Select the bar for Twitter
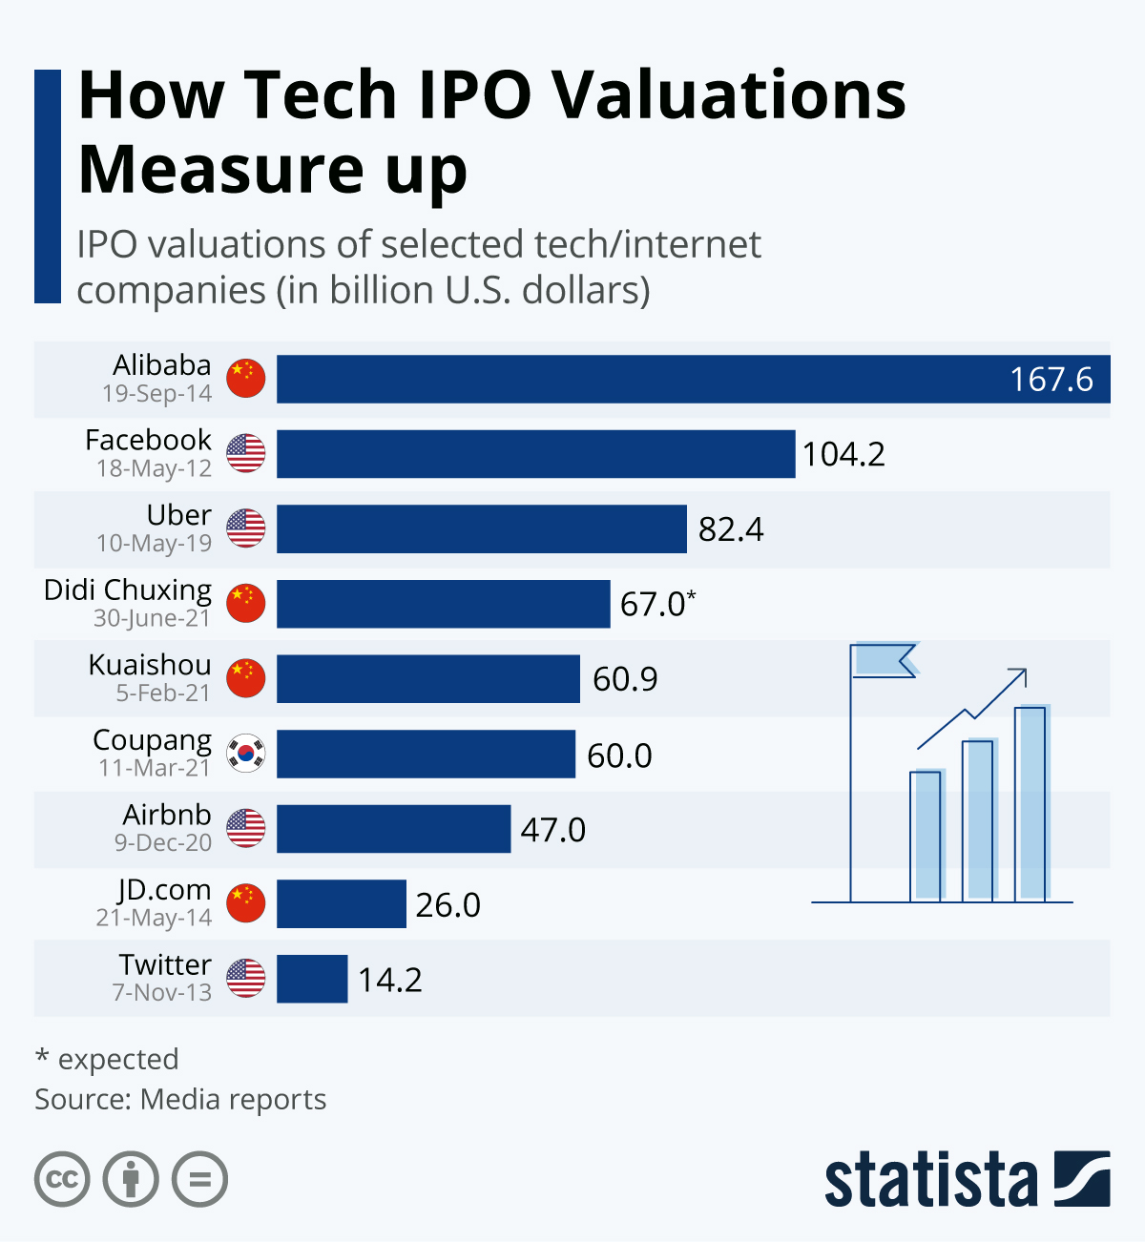[312, 979]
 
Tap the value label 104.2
[843, 454]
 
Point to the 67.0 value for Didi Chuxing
[654, 604]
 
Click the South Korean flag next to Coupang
[246, 754]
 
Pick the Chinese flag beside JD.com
[246, 903]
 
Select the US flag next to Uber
[246, 528]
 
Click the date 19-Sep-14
[156, 393]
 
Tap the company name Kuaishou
[150, 664]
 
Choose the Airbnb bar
[393, 829]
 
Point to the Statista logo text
[930, 1180]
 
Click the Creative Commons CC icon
[62, 1180]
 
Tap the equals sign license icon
[199, 1180]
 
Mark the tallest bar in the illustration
[1030, 803]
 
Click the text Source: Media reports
[180, 1099]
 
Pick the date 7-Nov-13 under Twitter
[162, 992]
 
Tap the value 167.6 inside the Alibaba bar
[1051, 380]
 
